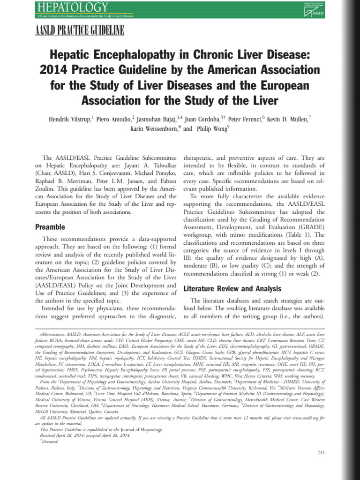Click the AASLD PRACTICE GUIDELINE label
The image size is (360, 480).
tap(80, 31)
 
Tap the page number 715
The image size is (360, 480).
tap(321, 452)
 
